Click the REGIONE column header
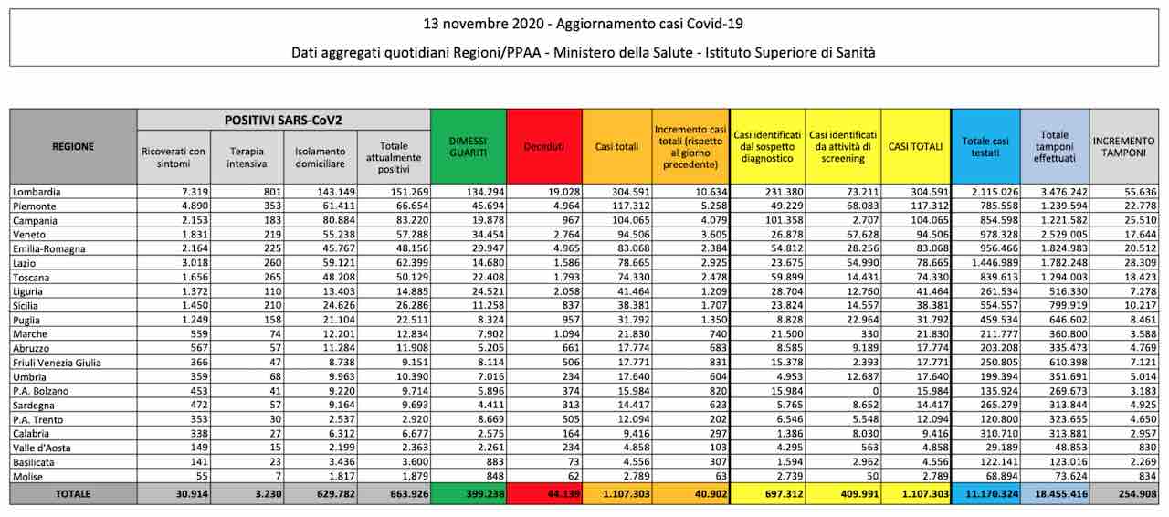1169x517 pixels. point(73,146)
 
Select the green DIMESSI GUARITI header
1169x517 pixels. point(469,147)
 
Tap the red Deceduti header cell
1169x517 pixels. point(543,147)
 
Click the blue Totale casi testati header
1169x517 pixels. point(985,147)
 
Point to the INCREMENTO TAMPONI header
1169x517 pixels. point(1123,147)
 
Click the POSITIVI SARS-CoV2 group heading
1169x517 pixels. point(283,120)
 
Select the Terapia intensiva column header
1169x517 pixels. point(247,157)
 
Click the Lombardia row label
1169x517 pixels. point(37,192)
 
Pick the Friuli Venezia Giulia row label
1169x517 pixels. point(57,363)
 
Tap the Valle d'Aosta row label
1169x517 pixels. point(42,448)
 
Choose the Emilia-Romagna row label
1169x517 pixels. point(49,248)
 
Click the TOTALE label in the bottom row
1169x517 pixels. point(73,493)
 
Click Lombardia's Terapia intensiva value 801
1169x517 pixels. point(272,192)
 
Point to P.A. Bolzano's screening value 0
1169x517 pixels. point(876,391)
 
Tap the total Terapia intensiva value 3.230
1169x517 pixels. point(268,493)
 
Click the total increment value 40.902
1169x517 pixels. point(711,493)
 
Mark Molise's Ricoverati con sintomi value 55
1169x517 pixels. point(201,476)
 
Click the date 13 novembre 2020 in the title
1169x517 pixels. point(484,24)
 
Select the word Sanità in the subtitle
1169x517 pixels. point(856,52)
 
